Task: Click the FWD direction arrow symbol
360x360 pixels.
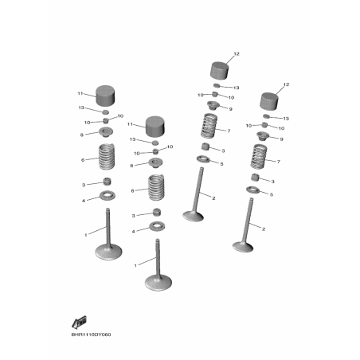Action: tap(79, 323)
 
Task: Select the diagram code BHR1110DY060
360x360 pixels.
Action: tap(91, 335)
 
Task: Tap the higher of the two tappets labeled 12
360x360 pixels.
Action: tap(220, 70)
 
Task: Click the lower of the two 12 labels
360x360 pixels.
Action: tap(286, 84)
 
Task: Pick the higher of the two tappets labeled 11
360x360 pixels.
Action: tap(105, 95)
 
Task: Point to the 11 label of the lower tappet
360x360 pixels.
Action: tap(130, 124)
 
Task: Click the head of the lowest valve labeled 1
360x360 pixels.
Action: tap(158, 283)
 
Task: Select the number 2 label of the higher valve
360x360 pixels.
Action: tap(213, 198)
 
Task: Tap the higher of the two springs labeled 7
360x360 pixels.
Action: tap(209, 126)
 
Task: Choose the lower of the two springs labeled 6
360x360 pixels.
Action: tap(156, 188)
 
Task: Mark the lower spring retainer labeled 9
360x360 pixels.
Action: tap(263, 136)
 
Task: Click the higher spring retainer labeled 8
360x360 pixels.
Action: tap(106, 132)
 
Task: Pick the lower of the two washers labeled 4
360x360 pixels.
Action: tap(157, 226)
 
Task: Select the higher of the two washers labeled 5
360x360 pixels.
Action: tap(203, 159)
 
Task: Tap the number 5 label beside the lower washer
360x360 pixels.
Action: tap(272, 194)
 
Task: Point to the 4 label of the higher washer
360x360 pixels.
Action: tap(84, 201)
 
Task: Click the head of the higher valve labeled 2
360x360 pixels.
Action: tap(193, 216)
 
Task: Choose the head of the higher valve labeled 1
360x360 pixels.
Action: tap(108, 252)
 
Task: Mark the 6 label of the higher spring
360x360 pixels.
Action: tap(83, 160)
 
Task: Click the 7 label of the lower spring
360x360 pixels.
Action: tap(279, 162)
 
